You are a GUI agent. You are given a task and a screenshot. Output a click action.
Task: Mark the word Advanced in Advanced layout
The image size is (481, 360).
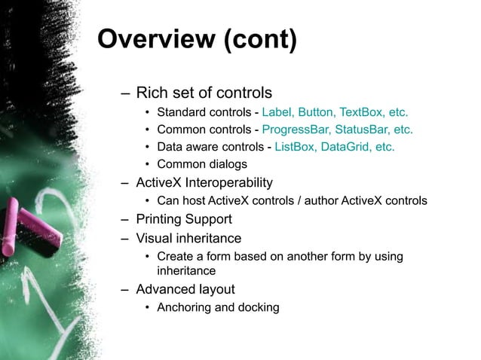pyautogui.click(x=166, y=289)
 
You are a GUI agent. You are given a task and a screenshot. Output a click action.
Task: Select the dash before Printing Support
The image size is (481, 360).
pyautogui.click(x=125, y=220)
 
